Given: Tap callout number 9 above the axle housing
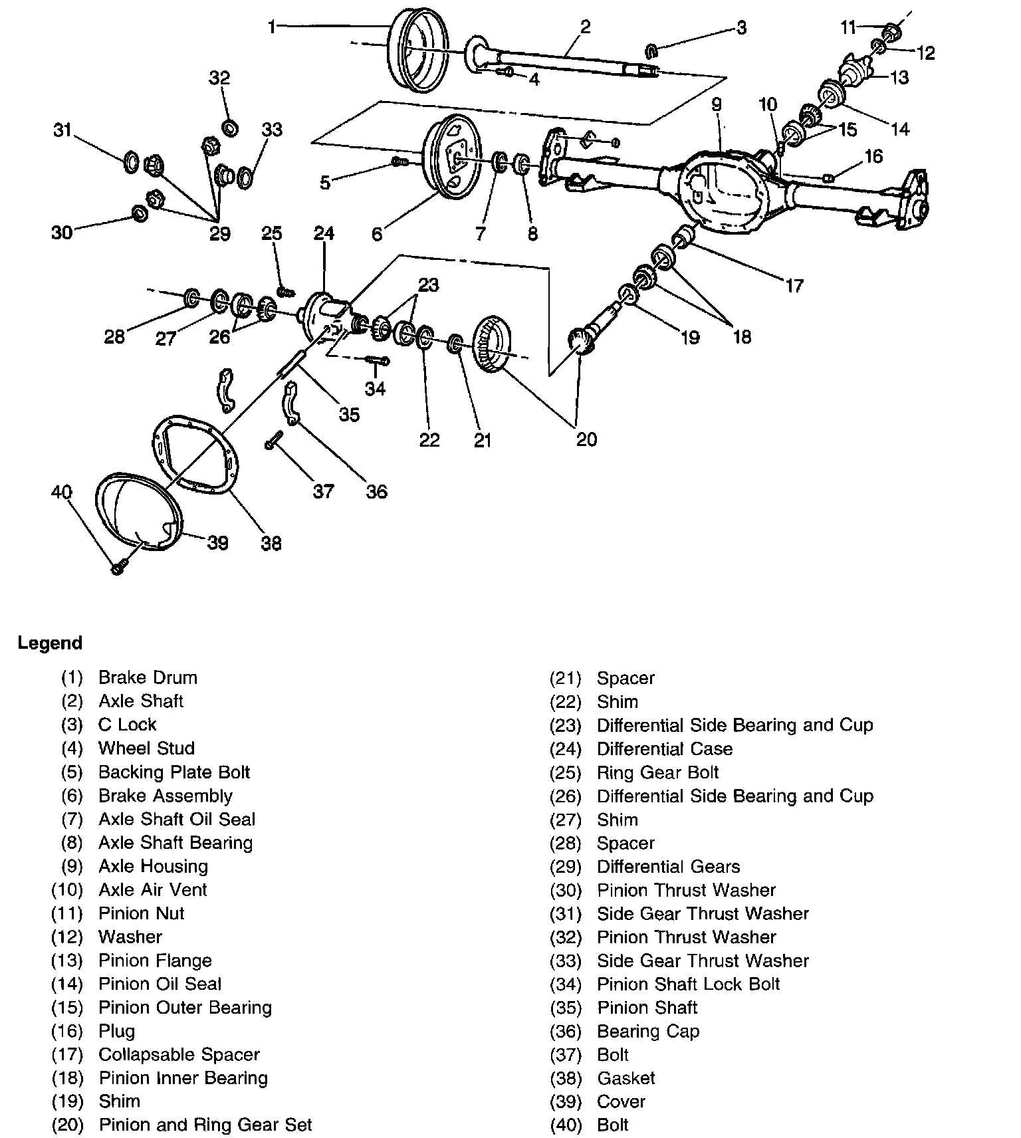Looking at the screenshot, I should coord(716,104).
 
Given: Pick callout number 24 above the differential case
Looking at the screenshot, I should coord(324,233).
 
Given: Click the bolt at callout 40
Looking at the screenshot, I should coord(118,567).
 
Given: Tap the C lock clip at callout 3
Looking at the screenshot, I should coord(652,49).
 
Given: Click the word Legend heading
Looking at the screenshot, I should coord(50,643).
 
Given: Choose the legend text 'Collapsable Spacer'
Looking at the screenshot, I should coord(179,1055).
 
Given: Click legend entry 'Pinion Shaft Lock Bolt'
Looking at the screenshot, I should coord(688,984).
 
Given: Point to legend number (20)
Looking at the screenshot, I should coord(67,1125).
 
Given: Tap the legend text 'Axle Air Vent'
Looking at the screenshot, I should coord(153,890).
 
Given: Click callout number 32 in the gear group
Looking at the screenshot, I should coord(219,78).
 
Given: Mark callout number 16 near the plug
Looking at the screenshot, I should coord(873,156).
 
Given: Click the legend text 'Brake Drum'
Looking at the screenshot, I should coord(148,678).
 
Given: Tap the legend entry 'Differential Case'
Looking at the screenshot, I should coord(665,749).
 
